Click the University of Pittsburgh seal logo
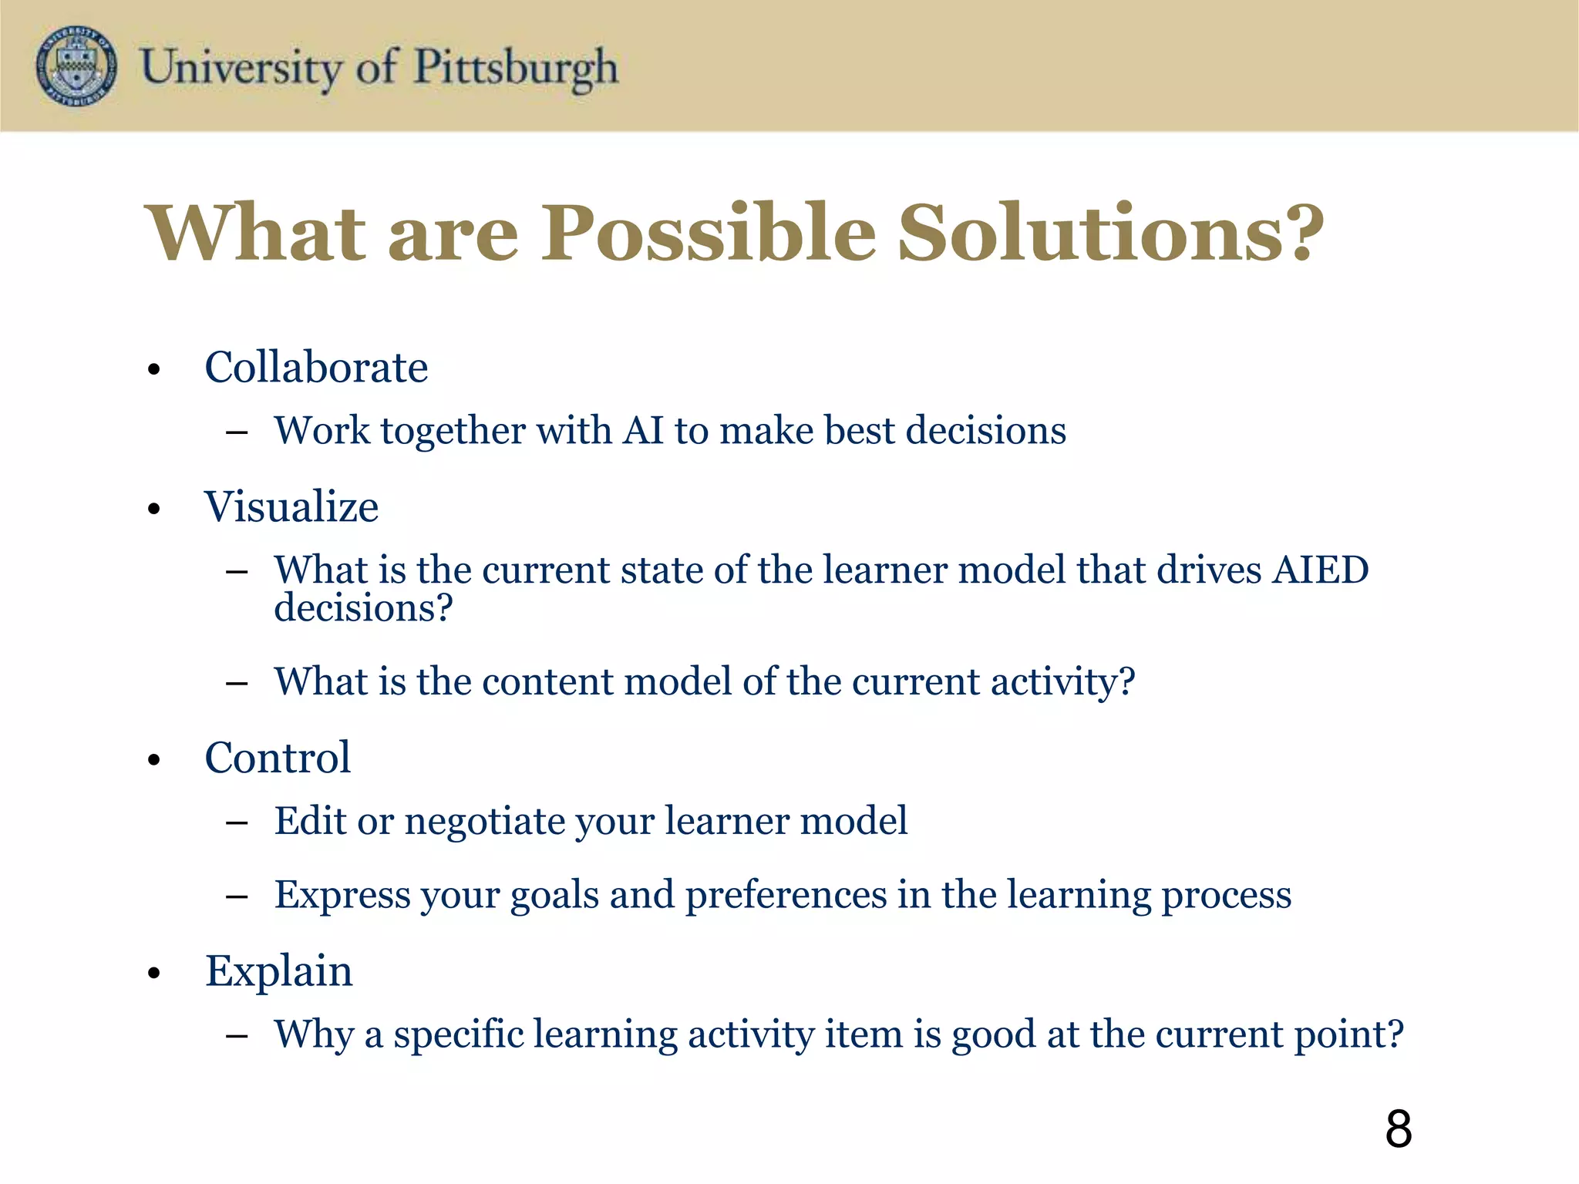pyautogui.click(x=76, y=66)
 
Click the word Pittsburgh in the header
pyautogui.click(x=516, y=68)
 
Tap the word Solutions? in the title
pyautogui.click(x=1111, y=233)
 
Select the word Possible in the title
pyautogui.click(x=709, y=233)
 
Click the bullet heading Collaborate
pyautogui.click(x=316, y=368)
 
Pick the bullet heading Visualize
pyautogui.click(x=291, y=507)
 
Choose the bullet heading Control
pyautogui.click(x=278, y=758)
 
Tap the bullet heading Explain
pyautogui.click(x=279, y=971)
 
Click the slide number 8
pyautogui.click(x=1398, y=1129)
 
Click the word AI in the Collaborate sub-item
pyautogui.click(x=644, y=430)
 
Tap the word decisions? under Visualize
pyautogui.click(x=363, y=609)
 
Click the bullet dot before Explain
pyautogui.click(x=154, y=974)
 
